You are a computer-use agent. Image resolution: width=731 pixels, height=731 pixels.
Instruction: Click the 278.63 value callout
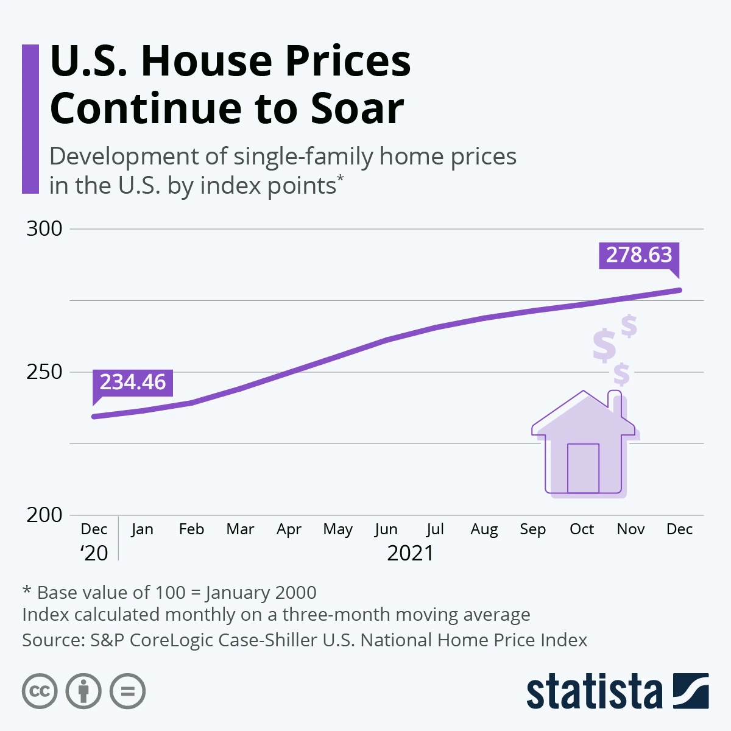click(638, 255)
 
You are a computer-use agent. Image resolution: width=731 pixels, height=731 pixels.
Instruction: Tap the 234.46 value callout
click(133, 382)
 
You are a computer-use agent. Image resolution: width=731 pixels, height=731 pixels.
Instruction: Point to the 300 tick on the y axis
click(44, 228)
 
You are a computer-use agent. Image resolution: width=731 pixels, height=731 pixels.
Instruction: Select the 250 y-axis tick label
click(44, 372)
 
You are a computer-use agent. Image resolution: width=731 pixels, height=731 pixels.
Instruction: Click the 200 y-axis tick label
click(44, 515)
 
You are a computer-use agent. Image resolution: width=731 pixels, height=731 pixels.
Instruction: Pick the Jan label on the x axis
click(142, 529)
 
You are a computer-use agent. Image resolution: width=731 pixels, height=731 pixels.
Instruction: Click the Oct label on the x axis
click(582, 529)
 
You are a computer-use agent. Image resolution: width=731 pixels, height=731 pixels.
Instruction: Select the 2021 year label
click(411, 553)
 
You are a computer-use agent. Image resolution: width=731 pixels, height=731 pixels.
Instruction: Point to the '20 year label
click(94, 553)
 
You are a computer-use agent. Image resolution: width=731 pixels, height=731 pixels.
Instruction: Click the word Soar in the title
click(358, 108)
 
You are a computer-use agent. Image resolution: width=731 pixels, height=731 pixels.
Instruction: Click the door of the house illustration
click(583, 468)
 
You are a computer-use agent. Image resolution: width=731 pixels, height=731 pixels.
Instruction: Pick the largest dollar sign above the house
click(604, 345)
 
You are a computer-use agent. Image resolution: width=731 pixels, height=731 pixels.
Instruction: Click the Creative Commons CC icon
click(40, 691)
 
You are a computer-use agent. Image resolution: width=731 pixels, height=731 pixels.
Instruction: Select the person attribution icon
click(83, 691)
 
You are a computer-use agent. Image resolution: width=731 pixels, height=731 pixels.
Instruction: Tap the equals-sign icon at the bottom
click(128, 691)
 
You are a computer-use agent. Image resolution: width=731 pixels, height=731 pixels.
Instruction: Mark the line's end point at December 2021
click(679, 290)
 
